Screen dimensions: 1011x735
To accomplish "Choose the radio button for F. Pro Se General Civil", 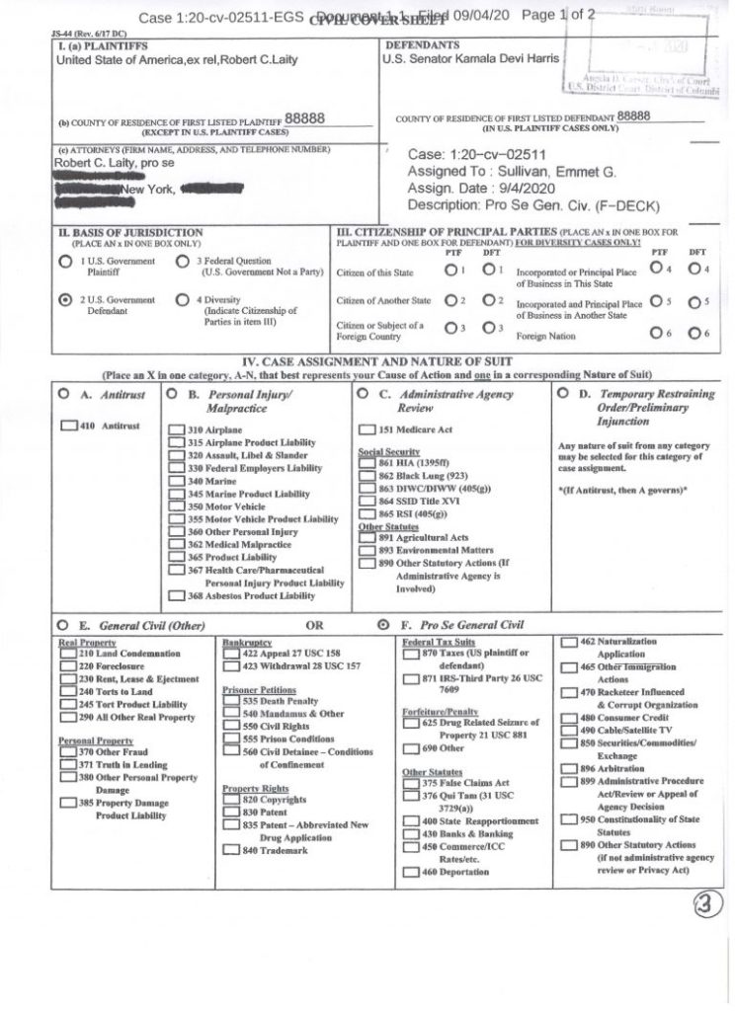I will [x=383, y=624].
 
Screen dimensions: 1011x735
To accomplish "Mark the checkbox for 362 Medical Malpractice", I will [x=177, y=544].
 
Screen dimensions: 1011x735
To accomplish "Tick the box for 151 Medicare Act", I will [x=366, y=429].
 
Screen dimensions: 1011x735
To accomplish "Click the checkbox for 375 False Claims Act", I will [x=412, y=782].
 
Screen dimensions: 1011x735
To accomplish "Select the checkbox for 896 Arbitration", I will [x=569, y=768].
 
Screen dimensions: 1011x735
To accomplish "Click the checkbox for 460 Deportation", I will [x=412, y=872].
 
